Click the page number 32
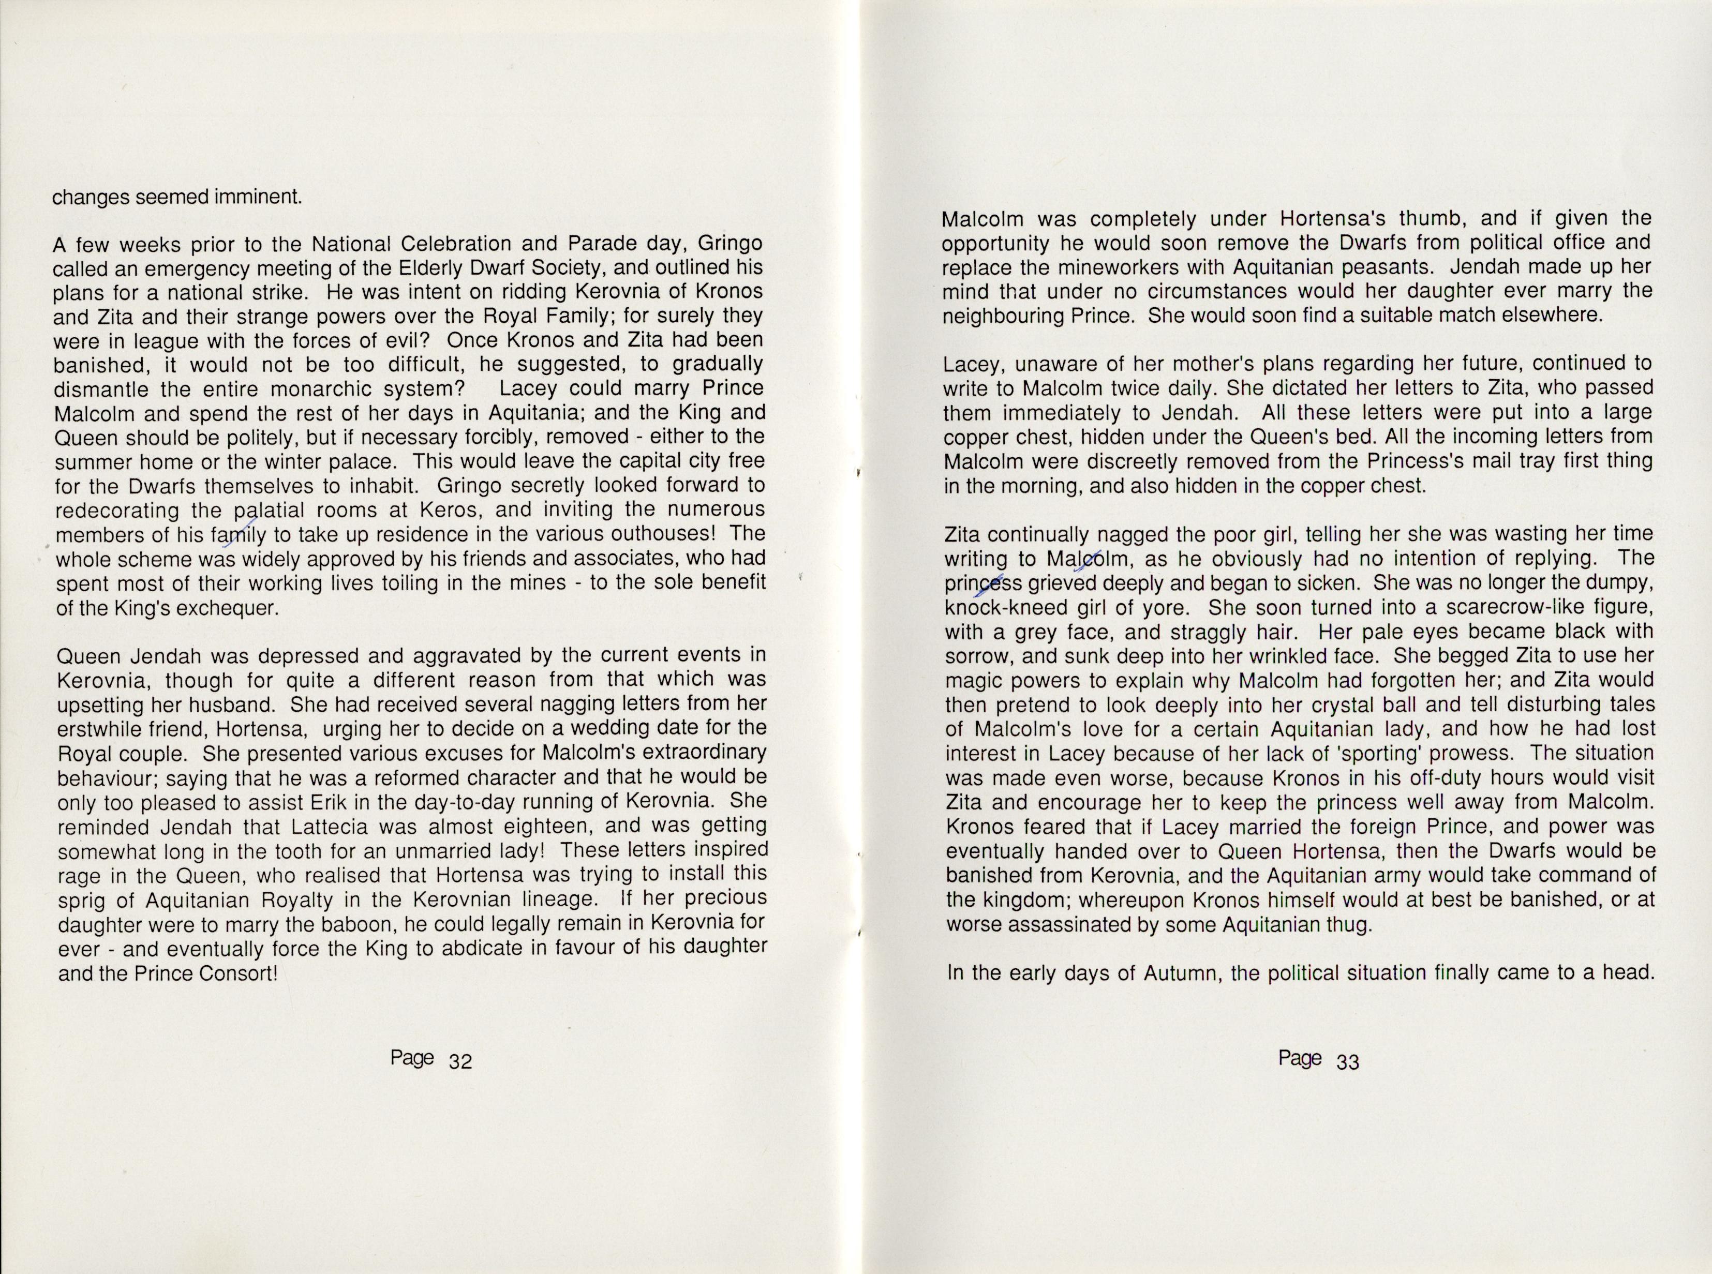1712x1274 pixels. tap(460, 1061)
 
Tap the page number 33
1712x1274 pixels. tap(1347, 1061)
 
